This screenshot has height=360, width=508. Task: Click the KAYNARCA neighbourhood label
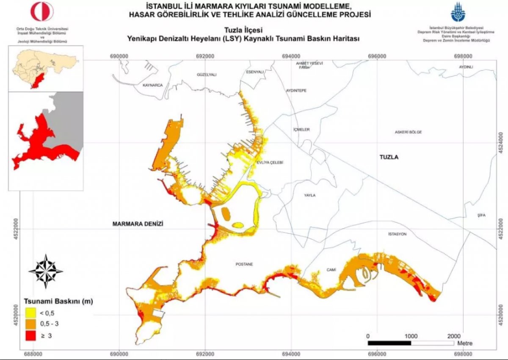click(153, 85)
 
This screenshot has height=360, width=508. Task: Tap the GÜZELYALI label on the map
click(207, 75)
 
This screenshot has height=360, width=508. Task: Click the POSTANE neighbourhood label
click(244, 264)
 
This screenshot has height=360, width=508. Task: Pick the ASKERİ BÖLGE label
click(408, 132)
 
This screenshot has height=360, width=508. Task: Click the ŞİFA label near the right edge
click(481, 215)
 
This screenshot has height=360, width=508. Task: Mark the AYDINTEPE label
click(296, 91)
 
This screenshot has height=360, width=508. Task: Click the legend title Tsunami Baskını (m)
click(58, 302)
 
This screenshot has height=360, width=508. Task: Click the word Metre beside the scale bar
click(465, 343)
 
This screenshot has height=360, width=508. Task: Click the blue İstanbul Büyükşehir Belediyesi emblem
click(457, 12)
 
